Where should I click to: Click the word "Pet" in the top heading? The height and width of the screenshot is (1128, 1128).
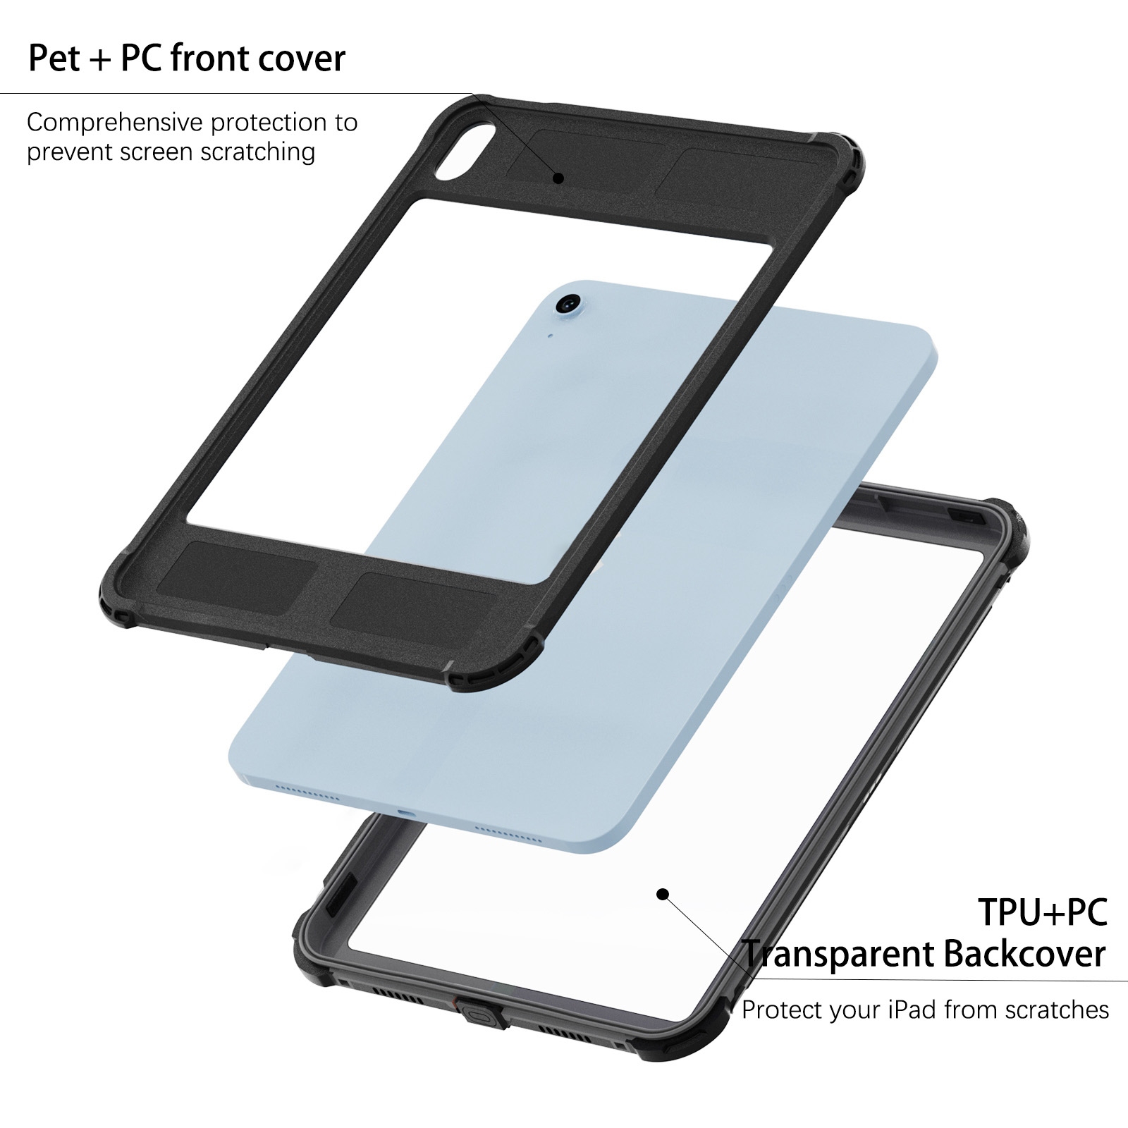point(54,58)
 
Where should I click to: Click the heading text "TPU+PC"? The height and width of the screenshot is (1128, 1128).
point(1042,912)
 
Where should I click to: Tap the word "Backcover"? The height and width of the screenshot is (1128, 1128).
point(1024,954)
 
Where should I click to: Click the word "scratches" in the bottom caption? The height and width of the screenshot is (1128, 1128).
point(1057,1010)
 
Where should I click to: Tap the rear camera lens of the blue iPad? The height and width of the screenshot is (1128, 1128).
point(567,305)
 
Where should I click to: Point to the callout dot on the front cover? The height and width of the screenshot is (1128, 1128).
point(558,178)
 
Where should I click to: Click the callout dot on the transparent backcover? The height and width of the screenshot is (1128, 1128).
point(662,894)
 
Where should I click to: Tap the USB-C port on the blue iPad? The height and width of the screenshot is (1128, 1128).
point(407,812)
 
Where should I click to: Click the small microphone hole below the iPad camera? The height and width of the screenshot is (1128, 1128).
point(550,336)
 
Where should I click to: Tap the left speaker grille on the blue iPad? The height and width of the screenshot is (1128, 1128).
point(307,791)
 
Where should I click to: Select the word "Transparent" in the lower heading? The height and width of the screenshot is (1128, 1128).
point(838,954)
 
